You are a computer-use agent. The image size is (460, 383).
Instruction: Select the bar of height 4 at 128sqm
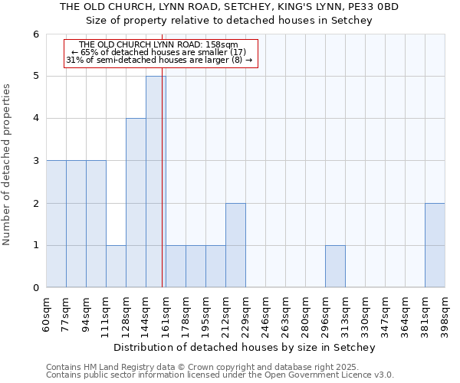136,203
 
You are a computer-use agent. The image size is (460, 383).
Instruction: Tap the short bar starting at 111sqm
116,267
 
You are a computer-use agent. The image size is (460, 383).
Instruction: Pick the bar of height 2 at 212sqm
235,245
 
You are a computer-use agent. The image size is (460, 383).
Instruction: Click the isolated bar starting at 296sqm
335,267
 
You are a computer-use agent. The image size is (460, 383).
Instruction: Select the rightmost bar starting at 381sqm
435,245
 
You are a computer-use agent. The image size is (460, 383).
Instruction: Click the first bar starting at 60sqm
56,224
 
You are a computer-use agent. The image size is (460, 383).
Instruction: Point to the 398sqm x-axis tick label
445,314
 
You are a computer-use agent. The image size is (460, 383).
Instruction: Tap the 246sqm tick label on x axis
265,314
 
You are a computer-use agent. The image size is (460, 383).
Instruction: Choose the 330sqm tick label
365,314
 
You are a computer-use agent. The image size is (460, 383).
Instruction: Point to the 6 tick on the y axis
35,34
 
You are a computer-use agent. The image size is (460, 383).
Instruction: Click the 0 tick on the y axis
35,288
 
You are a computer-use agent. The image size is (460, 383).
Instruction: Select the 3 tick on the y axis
35,161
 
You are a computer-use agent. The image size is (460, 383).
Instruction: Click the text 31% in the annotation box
74,60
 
